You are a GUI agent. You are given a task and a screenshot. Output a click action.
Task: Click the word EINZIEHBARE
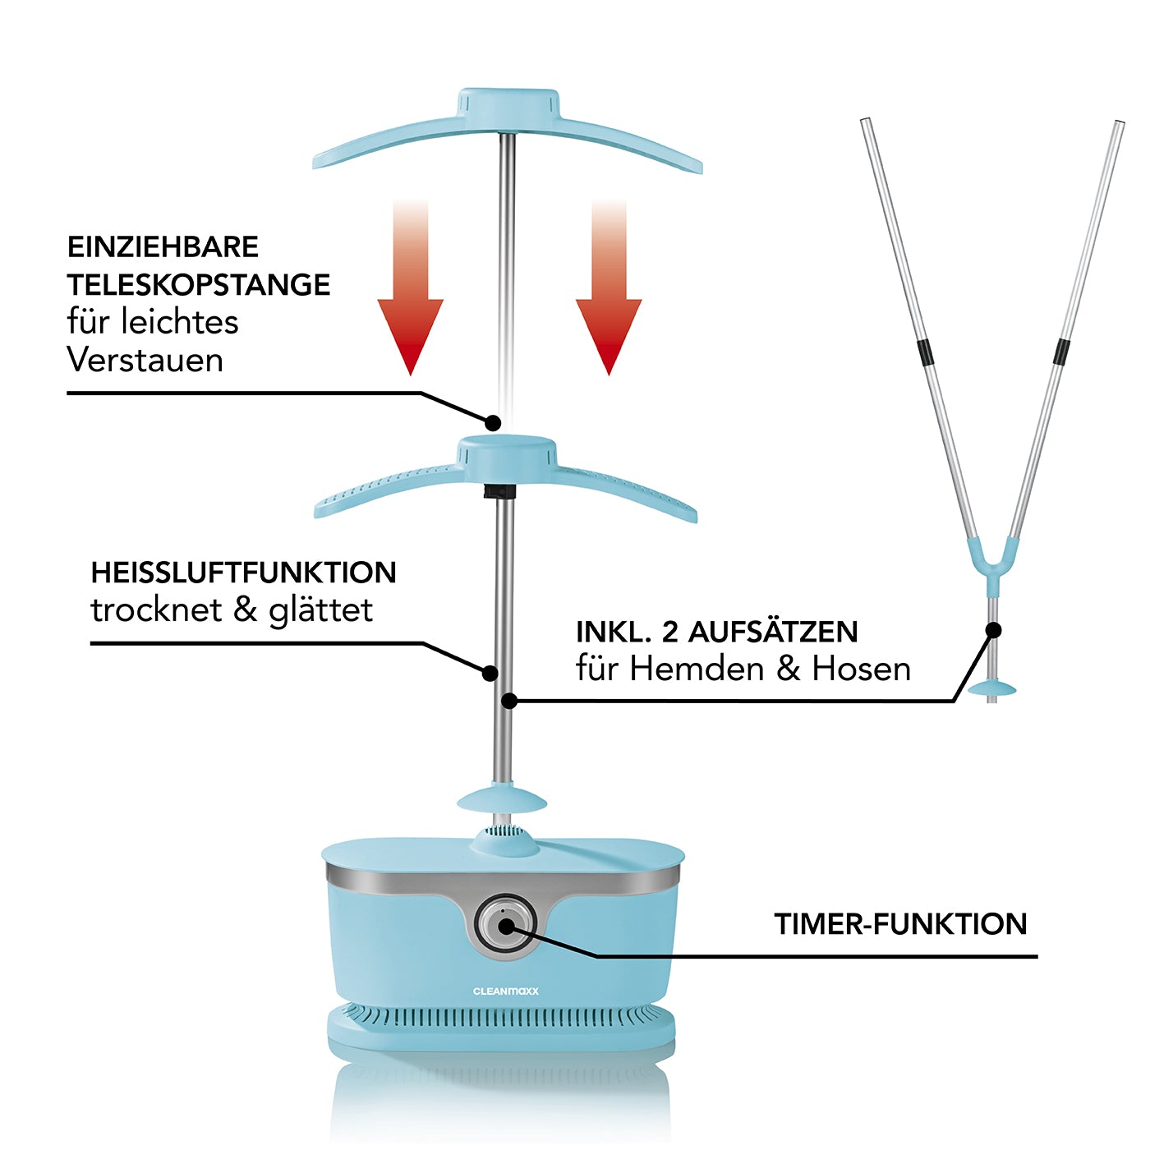[163, 247]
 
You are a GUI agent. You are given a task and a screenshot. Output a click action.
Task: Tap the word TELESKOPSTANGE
[198, 285]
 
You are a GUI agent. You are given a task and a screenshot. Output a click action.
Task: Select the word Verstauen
[145, 360]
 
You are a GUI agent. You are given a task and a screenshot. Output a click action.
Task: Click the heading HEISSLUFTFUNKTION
[243, 573]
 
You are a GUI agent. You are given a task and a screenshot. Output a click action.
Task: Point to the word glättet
[320, 610]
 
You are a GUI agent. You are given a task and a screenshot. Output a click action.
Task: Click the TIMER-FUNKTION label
[900, 924]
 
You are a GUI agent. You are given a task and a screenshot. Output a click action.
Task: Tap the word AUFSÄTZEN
[772, 632]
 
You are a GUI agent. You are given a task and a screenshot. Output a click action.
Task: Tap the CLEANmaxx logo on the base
[506, 991]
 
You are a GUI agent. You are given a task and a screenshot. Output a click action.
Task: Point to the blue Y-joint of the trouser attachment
[993, 559]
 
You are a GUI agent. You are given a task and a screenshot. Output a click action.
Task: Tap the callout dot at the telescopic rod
[493, 422]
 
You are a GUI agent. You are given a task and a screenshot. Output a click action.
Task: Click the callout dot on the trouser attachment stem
[993, 630]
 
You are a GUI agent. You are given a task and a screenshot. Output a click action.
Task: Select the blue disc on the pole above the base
[503, 798]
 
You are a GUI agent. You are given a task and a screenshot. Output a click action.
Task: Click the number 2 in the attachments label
[669, 632]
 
